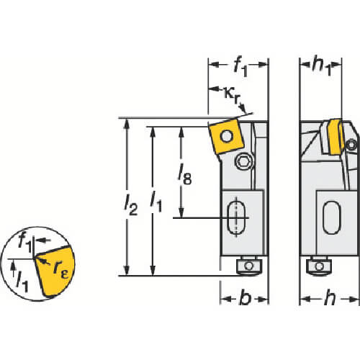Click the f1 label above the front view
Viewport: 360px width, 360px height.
[x=240, y=67]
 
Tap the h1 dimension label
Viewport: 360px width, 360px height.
[x=321, y=66]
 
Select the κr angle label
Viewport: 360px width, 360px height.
[x=232, y=95]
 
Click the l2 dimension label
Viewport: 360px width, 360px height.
[x=131, y=205]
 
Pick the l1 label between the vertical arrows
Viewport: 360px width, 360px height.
[x=156, y=203]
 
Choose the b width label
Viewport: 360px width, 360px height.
[x=246, y=297]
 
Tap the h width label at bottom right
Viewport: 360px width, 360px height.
[x=330, y=297]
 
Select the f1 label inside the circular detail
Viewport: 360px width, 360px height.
[x=25, y=242]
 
